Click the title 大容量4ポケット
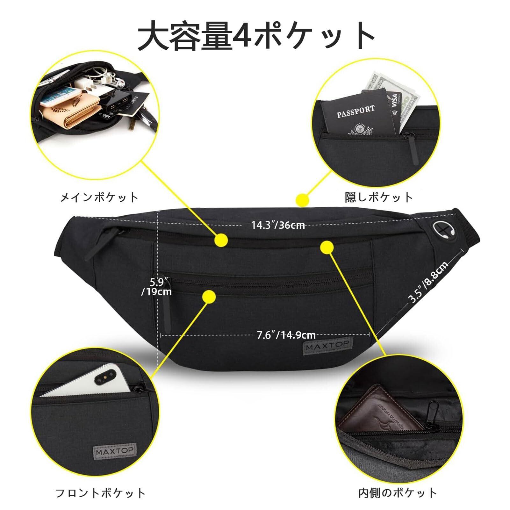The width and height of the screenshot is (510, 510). [255, 36]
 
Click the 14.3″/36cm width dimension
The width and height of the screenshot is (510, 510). [278, 226]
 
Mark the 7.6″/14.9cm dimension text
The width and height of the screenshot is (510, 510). [286, 335]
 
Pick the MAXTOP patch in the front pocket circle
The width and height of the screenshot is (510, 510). [115, 451]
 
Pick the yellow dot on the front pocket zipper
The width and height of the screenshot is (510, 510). [209, 297]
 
